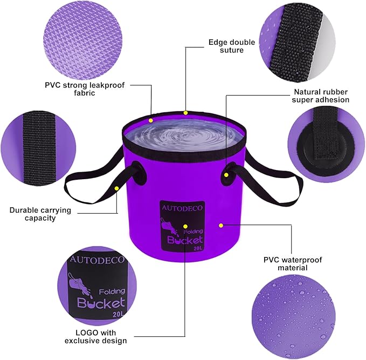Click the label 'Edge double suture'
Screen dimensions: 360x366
[226, 46]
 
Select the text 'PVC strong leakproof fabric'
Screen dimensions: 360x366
[71, 89]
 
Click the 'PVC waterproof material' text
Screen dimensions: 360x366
[292, 263]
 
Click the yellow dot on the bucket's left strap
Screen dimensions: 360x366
[116, 188]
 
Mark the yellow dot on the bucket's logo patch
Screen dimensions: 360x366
[185, 226]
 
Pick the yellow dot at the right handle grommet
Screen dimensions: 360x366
[226, 175]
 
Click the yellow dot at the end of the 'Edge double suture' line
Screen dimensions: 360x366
[185, 113]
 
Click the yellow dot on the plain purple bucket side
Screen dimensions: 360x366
[220, 224]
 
